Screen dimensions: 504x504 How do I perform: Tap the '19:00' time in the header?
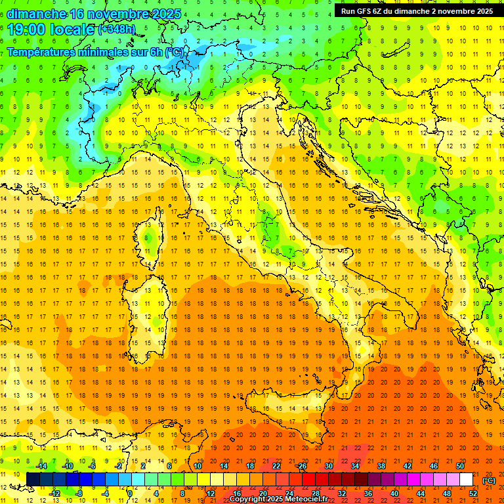click(x=26, y=30)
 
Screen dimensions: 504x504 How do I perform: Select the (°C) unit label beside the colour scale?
click(x=489, y=480)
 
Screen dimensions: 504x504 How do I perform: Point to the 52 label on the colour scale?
click(x=472, y=493)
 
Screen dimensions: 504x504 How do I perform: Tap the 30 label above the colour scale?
click(x=329, y=466)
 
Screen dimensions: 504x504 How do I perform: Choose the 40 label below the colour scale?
click(x=394, y=493)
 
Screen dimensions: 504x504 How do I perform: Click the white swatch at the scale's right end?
click(x=466, y=480)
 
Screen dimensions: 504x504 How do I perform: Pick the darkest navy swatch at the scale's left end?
click(x=33, y=480)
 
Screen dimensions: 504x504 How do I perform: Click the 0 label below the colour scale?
click(x=130, y=493)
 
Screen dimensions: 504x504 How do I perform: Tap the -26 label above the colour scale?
click(x=301, y=466)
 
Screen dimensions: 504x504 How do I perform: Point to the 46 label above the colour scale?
click(x=434, y=466)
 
